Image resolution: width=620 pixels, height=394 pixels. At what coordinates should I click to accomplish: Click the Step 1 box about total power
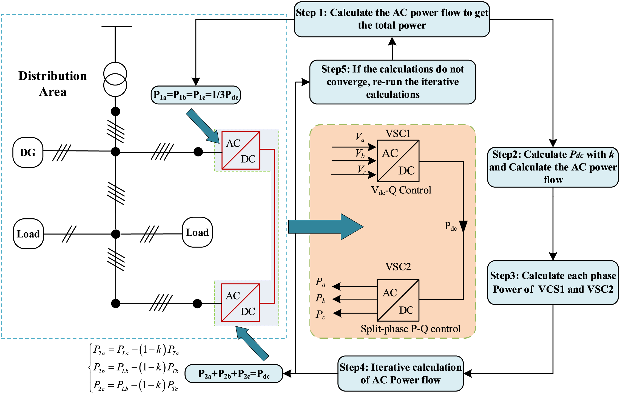tap(392, 19)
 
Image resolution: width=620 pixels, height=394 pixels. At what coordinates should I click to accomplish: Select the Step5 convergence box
tap(393, 82)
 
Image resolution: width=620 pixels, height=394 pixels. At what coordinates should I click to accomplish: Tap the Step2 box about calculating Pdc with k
tap(553, 167)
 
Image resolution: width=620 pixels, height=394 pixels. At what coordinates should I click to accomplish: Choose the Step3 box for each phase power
tap(553, 282)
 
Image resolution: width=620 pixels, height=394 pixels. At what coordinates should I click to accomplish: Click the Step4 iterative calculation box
tap(400, 373)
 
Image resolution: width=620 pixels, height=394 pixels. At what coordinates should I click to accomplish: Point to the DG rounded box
tap(28, 152)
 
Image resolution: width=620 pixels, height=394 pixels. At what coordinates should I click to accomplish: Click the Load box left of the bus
tap(29, 234)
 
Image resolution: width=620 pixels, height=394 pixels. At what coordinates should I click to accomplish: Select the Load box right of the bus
tap(197, 232)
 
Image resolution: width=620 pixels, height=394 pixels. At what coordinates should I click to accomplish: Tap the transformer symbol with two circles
tap(115, 79)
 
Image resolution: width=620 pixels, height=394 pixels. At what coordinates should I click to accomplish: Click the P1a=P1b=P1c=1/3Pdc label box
tap(196, 95)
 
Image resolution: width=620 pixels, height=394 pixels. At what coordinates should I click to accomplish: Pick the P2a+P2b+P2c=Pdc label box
tap(234, 374)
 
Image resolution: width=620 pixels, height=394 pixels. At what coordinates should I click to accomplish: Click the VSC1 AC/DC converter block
tap(398, 161)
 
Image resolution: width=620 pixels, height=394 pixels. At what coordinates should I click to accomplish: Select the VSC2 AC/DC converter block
tap(398, 300)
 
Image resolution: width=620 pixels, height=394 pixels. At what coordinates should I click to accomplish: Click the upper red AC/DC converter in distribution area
tap(241, 150)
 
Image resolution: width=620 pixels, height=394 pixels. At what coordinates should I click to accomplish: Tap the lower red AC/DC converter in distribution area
tap(240, 303)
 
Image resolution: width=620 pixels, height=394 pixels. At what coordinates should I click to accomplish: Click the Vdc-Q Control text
tap(401, 190)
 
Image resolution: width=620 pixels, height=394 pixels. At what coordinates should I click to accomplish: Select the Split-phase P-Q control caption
tap(410, 329)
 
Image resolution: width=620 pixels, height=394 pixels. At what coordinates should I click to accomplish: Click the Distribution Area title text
tap(53, 84)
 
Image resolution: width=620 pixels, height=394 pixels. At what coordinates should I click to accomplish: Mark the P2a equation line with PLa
tap(136, 350)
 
